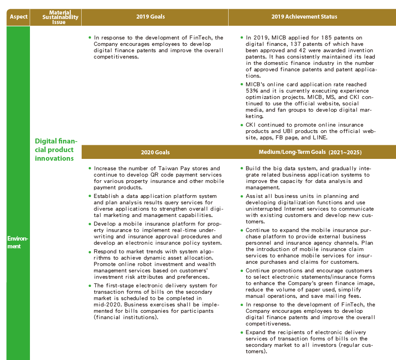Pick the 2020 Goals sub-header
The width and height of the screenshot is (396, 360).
pyautogui.click(x=155, y=152)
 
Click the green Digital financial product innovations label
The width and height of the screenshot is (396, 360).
pyautogui.click(x=56, y=149)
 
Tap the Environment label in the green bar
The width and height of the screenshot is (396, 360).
pyautogui.click(x=18, y=242)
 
